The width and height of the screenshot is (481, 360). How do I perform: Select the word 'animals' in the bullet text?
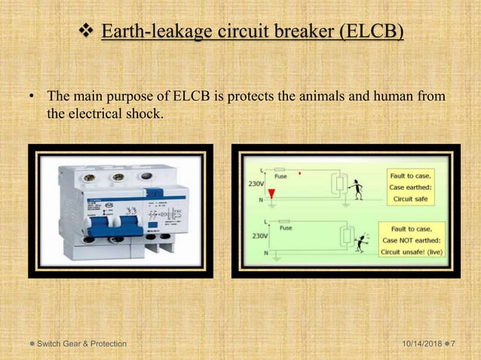pyautogui.click(x=344, y=97)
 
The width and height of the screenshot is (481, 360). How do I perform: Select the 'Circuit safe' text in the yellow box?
pyautogui.click(x=410, y=200)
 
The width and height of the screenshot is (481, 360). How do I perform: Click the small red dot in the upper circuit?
pyautogui.click(x=301, y=173)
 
